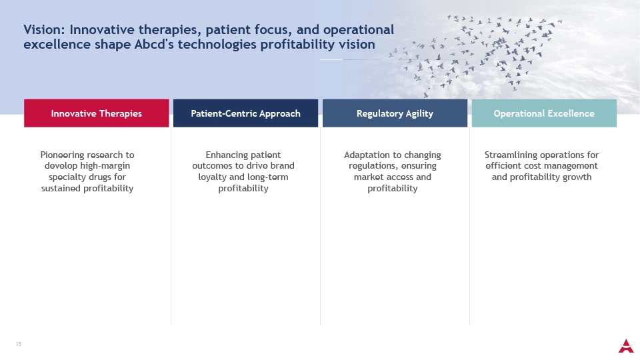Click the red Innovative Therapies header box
pos(96,113)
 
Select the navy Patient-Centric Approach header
pos(246,113)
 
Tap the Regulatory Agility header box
pos(395,113)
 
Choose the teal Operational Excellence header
pos(544,113)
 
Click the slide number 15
pos(19,344)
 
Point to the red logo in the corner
pos(626,346)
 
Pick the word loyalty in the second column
pos(212,177)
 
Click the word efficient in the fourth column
pos(501,166)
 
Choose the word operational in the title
pos(359,30)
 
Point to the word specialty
pos(66,177)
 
